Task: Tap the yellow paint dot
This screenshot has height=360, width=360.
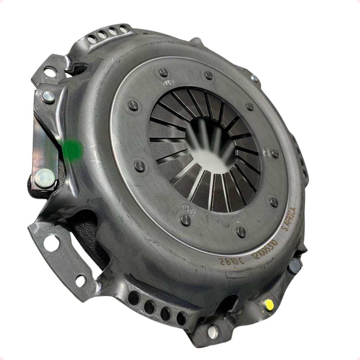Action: point(269,304)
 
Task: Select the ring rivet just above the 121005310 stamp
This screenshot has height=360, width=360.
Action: point(241,231)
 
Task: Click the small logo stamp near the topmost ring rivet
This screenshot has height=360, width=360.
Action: point(165,82)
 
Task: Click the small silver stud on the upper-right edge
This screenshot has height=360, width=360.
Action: point(254,78)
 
